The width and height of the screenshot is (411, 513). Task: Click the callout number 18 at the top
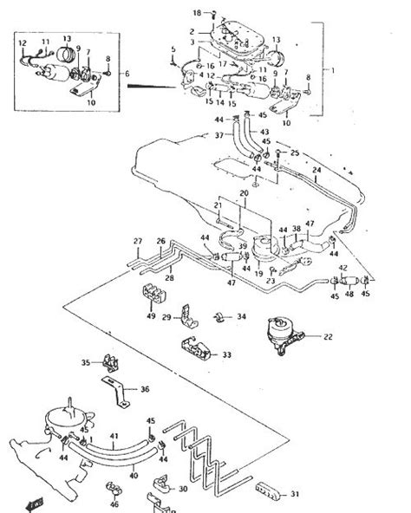(x=196, y=13)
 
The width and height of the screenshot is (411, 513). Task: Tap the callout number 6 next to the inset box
(x=127, y=75)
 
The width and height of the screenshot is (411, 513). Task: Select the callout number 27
(x=137, y=240)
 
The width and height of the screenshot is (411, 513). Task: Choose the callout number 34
(x=242, y=316)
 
